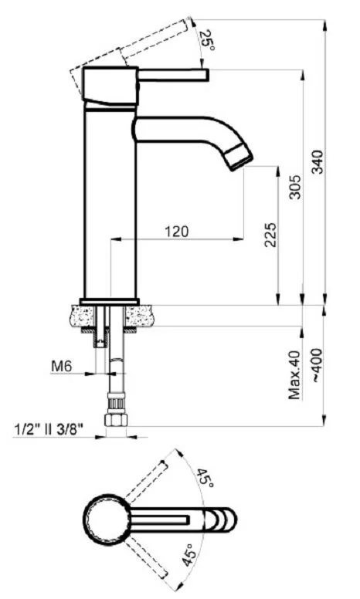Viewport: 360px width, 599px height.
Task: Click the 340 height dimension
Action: click(318, 161)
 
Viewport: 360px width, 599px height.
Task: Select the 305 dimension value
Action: click(295, 187)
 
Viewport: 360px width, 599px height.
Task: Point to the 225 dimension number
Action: click(270, 235)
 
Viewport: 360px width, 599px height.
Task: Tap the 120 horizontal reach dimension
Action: click(177, 231)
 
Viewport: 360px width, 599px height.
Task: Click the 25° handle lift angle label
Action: click(207, 40)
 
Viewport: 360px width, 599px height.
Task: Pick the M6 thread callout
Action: click(62, 367)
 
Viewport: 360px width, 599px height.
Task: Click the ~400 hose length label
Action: click(318, 366)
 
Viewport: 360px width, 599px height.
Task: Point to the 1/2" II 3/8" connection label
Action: click(49, 428)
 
